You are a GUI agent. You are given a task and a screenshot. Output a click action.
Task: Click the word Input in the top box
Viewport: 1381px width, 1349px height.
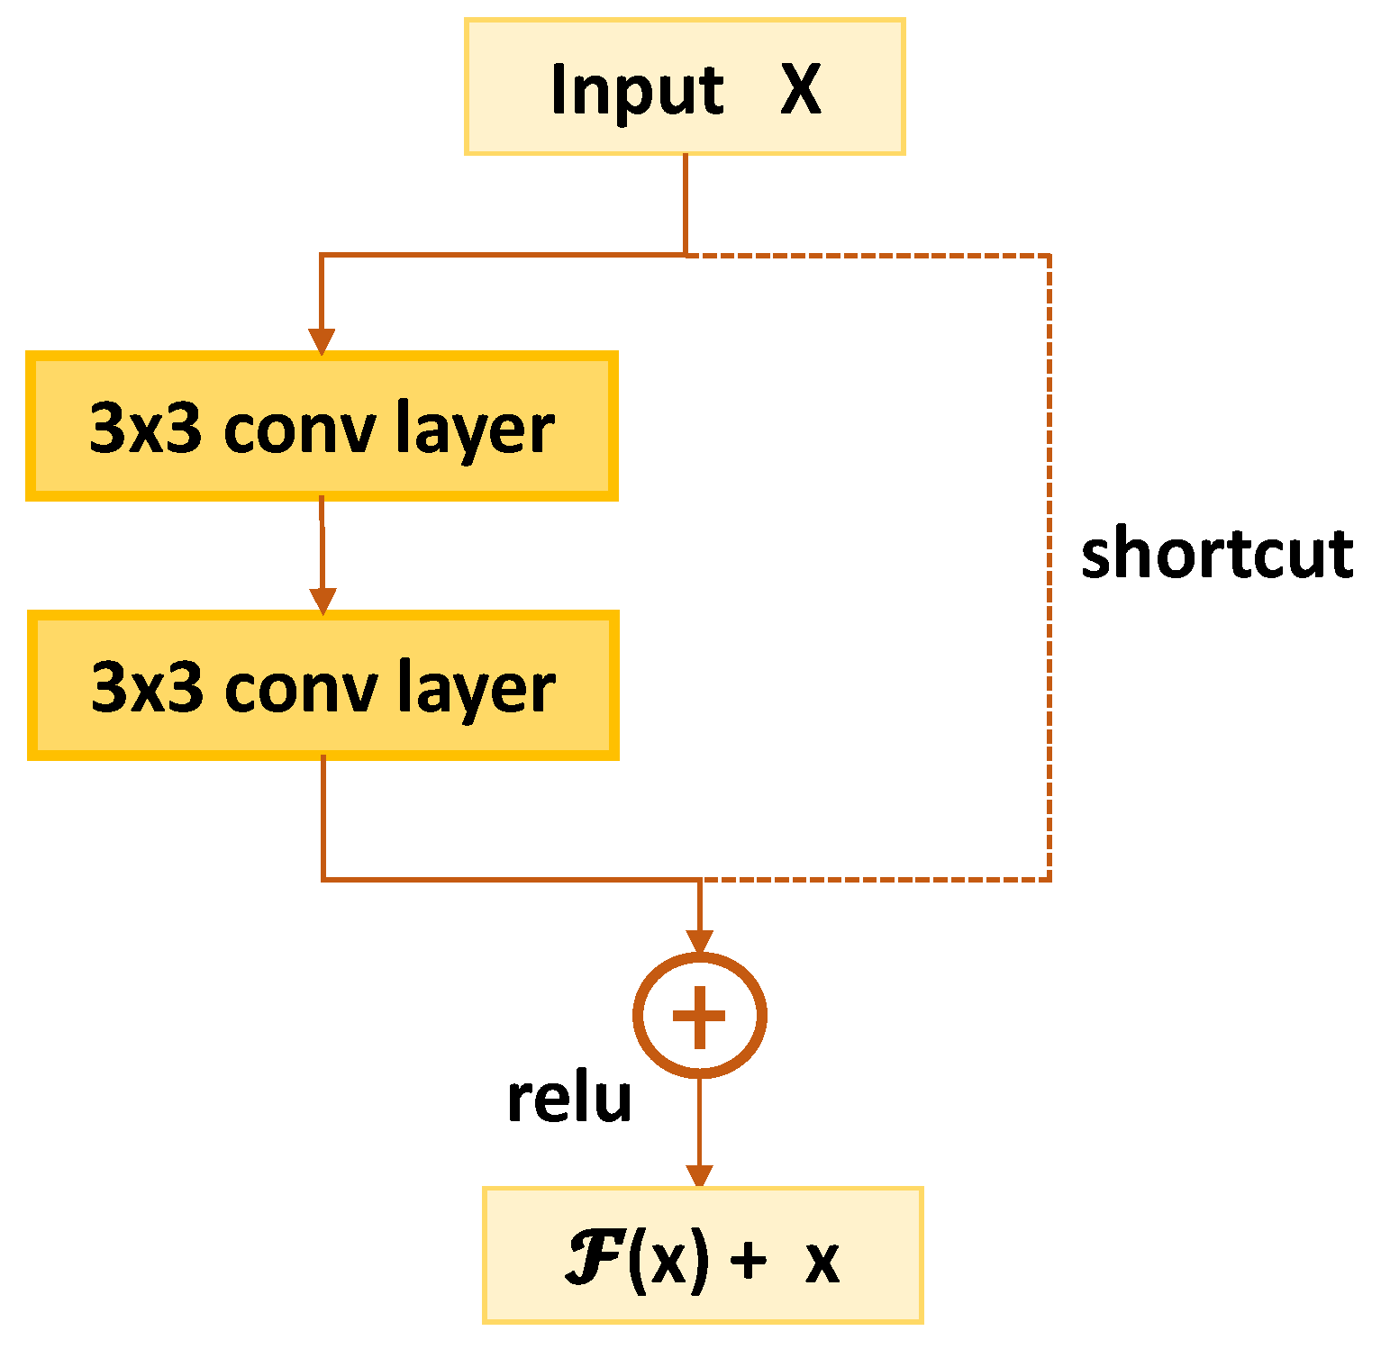[x=637, y=91]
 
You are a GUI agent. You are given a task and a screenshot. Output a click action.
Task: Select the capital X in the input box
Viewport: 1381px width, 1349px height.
[x=800, y=89]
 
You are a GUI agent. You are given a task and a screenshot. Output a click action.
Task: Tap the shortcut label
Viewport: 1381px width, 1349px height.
[x=1216, y=553]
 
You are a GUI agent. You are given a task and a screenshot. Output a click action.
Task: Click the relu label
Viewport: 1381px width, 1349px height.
[x=569, y=1099]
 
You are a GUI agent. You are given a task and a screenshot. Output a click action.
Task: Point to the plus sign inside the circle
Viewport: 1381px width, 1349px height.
[x=699, y=1016]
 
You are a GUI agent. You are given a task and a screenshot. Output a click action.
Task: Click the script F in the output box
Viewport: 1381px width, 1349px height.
[x=594, y=1259]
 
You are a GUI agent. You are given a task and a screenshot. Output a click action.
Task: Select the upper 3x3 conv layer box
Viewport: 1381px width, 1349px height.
[x=322, y=426]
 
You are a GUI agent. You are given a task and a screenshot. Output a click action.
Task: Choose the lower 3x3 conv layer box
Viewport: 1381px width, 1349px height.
[x=323, y=685]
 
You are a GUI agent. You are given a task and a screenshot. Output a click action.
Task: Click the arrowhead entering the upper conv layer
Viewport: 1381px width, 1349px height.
[x=322, y=341]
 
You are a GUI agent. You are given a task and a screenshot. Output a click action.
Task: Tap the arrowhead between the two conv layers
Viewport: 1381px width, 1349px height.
[x=323, y=601]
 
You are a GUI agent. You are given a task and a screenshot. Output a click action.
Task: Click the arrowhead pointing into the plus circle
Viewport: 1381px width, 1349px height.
[x=699, y=941]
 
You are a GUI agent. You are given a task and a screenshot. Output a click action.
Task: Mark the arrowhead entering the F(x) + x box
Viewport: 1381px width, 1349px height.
[x=699, y=1176]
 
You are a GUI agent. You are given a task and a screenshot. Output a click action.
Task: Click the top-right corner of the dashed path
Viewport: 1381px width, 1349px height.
[x=1049, y=257]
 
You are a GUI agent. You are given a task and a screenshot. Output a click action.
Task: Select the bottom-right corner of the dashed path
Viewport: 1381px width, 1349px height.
[x=1049, y=879]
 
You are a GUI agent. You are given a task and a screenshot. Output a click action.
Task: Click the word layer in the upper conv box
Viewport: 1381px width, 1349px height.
[x=475, y=429]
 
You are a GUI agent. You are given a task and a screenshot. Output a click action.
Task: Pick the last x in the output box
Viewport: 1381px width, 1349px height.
[x=822, y=1263]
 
